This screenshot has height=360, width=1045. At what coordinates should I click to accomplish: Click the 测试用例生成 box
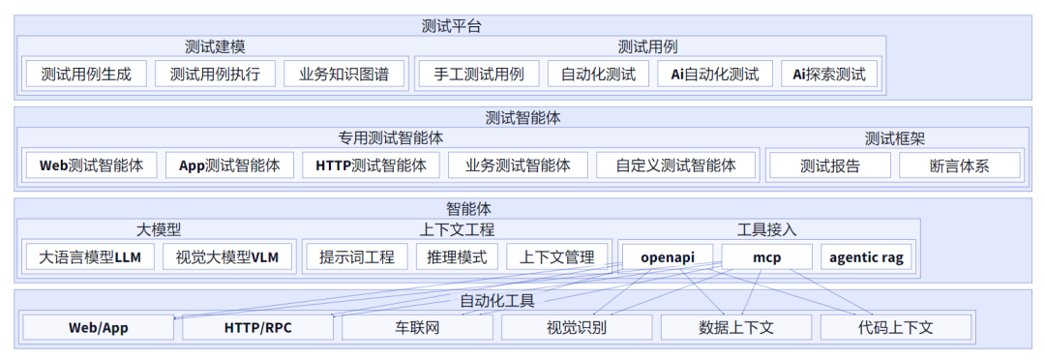coord(85,75)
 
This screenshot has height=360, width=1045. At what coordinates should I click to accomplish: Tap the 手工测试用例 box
coord(478,75)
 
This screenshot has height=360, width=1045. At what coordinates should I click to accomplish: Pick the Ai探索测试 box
coord(829,75)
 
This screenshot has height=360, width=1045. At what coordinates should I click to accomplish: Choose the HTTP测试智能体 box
coord(371,165)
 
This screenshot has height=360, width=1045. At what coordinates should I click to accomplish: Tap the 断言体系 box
coord(959,165)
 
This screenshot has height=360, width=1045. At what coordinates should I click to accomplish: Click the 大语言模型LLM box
coord(90,256)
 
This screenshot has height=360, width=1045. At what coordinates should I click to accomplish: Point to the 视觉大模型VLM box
coord(227,256)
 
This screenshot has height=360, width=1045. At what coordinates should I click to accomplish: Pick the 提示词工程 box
coord(357,256)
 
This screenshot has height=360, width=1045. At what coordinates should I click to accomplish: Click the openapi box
coord(667,256)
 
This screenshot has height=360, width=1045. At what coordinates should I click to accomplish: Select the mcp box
coord(766,256)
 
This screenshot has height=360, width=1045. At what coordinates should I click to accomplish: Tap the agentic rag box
coord(867,256)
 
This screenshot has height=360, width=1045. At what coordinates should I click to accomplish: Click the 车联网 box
coord(418,327)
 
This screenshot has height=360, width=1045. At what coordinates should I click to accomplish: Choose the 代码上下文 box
coord(895,327)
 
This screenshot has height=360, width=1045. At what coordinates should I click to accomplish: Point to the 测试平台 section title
coord(452,26)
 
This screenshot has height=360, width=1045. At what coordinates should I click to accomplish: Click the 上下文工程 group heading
coord(457,229)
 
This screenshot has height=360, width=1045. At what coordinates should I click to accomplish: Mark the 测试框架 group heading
coord(894,138)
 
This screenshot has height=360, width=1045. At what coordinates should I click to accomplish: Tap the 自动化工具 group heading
coord(496,300)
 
